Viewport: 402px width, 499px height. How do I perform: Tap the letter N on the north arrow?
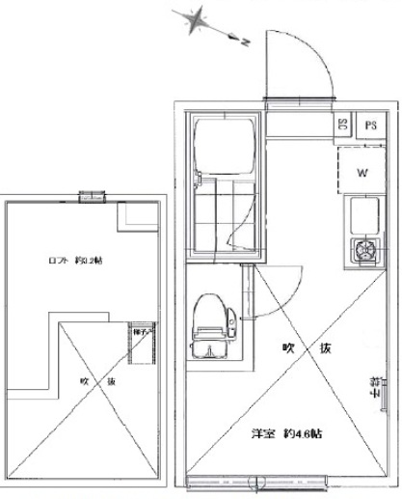tap(245, 42)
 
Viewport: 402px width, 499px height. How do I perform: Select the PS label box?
tap(369, 125)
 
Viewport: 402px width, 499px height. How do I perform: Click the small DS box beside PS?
tap(343, 125)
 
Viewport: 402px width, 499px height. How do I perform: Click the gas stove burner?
tap(365, 252)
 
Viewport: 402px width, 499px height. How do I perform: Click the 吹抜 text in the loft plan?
tap(96, 381)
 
